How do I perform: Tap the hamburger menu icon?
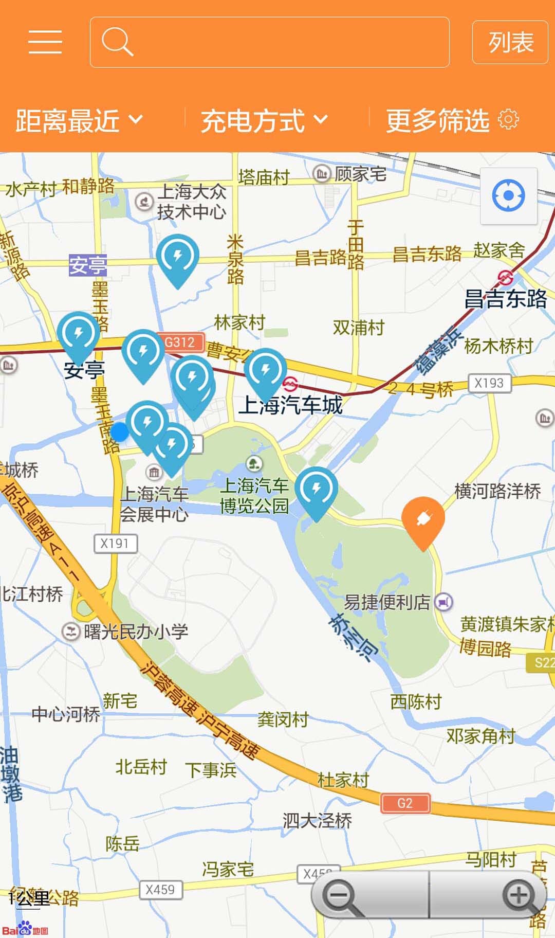click(45, 42)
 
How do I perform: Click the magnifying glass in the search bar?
click(117, 42)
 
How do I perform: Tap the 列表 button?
click(510, 42)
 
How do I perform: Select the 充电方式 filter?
click(264, 120)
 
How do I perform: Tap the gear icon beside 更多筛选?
click(508, 120)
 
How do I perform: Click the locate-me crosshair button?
click(508, 196)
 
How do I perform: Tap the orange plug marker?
click(423, 520)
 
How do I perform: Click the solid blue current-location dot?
click(120, 432)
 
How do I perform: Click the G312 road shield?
click(180, 342)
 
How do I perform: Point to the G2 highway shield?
click(405, 803)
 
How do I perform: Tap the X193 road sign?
click(489, 383)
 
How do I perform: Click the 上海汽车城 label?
click(291, 405)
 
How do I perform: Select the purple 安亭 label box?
click(88, 265)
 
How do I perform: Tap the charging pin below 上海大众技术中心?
click(177, 257)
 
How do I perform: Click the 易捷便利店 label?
click(387, 602)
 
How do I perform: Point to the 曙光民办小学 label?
click(136, 632)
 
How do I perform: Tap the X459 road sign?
click(160, 890)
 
